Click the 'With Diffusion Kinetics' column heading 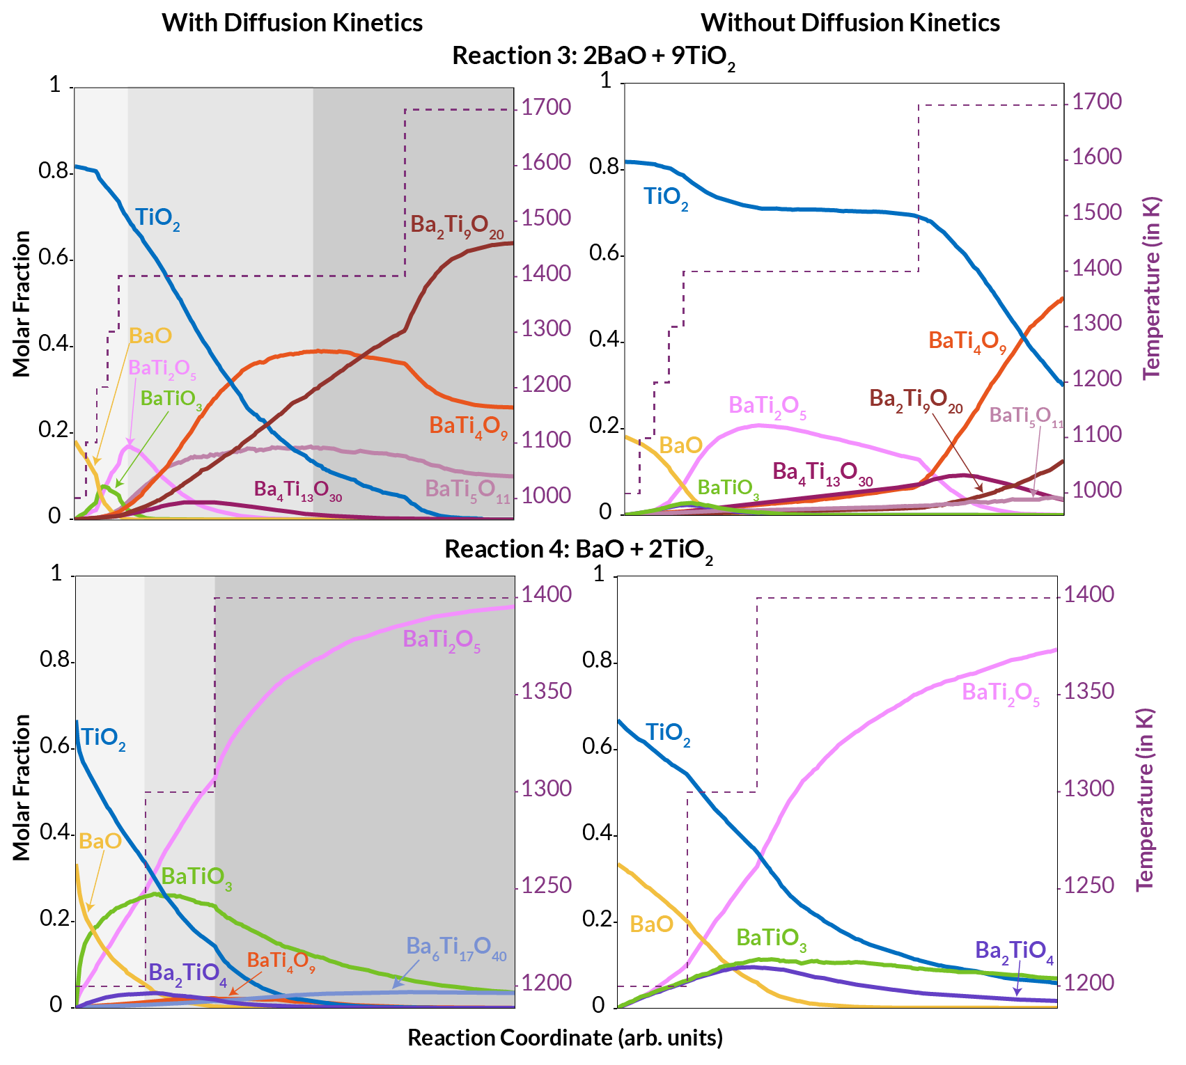292,22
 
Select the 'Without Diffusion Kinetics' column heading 850,22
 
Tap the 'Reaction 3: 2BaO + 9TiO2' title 593,56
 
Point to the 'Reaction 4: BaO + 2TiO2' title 579,550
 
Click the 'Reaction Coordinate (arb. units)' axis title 565,1038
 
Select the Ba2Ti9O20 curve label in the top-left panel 456,226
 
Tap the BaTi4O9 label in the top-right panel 967,342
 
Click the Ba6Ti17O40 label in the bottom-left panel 456,948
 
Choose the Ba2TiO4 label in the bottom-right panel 1013,952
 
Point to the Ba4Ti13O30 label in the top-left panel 297,491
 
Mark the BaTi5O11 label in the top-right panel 1026,416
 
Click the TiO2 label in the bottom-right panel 667,734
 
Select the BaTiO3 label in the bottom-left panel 196,877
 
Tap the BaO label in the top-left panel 150,336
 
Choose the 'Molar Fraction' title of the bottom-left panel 22,787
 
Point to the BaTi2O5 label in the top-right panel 767,407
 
